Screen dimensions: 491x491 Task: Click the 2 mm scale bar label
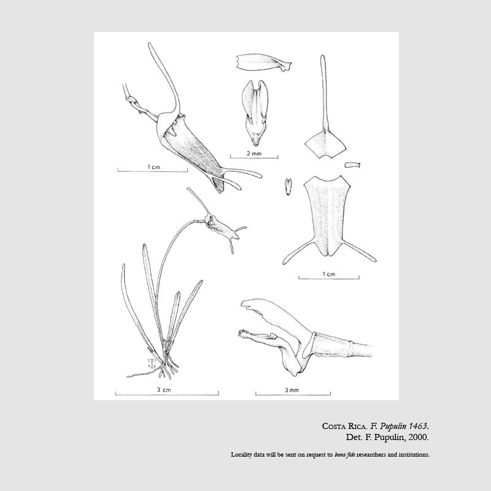[x=254, y=153]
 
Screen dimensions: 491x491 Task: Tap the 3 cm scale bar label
[x=164, y=390]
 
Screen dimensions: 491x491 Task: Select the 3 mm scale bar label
[x=292, y=390]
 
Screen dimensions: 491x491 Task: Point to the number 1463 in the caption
[x=417, y=426]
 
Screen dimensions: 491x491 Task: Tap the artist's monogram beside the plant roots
[x=152, y=363]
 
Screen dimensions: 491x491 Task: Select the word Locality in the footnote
[x=241, y=455]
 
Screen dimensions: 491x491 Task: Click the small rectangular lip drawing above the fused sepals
[x=352, y=164]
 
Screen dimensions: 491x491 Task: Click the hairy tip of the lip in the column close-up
[x=242, y=333]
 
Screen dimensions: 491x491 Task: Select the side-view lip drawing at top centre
[x=264, y=63]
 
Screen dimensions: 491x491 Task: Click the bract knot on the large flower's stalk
[x=131, y=99]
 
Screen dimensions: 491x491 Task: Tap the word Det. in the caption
[x=354, y=437]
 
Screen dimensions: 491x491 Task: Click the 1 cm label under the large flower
[x=154, y=167]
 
